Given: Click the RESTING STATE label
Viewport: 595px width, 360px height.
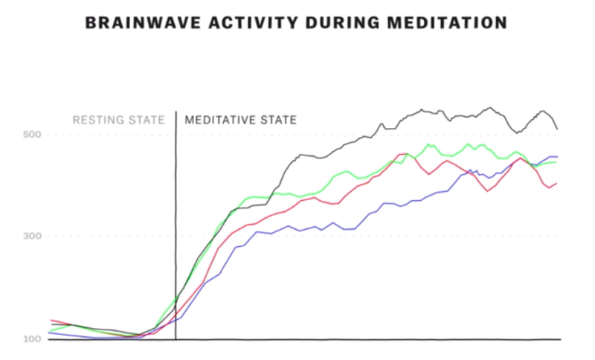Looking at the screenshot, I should (x=118, y=119).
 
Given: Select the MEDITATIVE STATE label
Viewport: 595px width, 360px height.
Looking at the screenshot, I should (x=240, y=119).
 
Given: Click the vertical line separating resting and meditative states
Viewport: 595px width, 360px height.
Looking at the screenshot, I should (x=176, y=223).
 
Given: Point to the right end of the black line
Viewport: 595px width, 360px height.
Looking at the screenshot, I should (x=558, y=129).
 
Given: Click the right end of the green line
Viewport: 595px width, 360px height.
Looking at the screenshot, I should (x=557, y=162).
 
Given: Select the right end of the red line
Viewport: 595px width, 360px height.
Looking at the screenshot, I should (x=557, y=183).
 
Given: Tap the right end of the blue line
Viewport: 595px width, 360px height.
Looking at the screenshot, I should (x=558, y=157).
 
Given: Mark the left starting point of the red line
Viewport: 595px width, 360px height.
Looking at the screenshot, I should (x=50, y=320).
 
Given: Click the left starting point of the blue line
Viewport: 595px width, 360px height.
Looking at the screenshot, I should (x=49, y=333).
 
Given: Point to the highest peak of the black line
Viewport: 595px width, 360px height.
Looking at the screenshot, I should (x=490, y=108).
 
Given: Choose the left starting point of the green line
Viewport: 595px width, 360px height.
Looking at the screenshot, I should (x=50, y=330).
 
